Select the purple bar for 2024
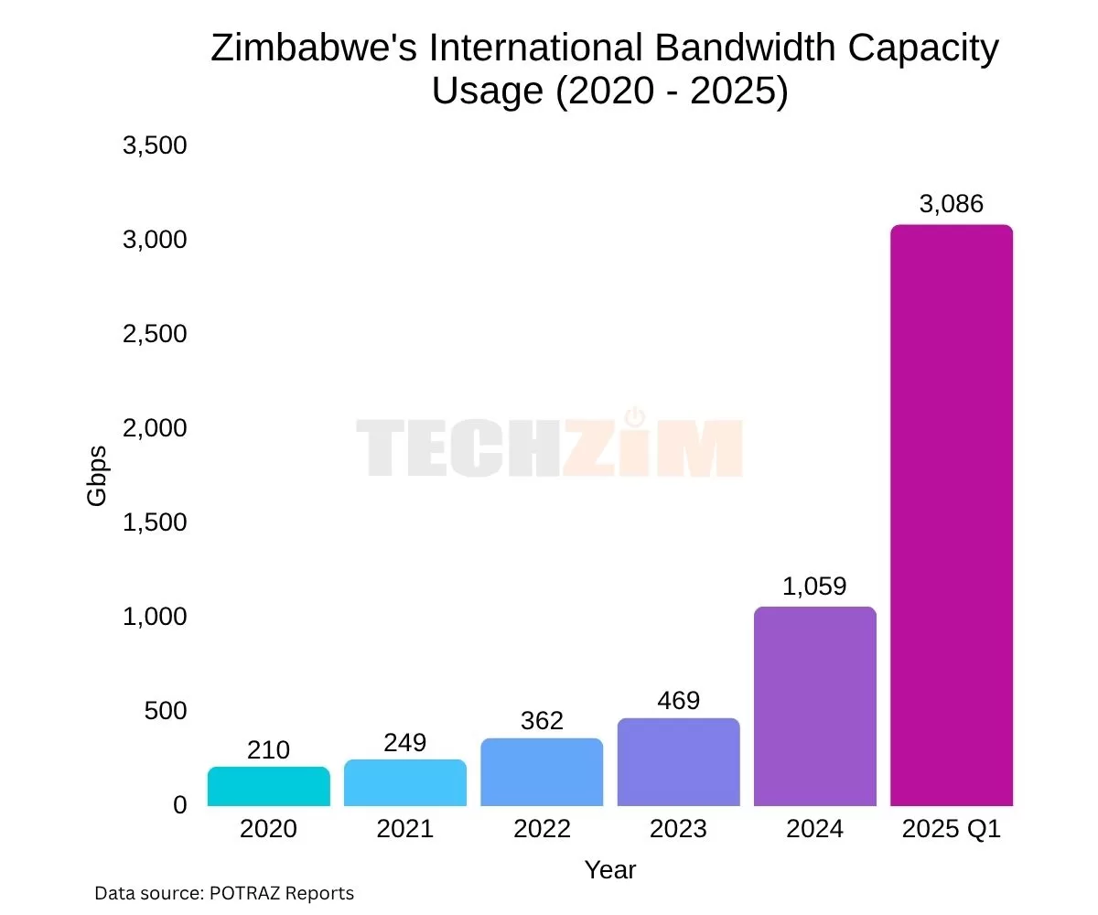click(x=815, y=706)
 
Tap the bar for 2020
click(x=268, y=787)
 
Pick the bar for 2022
click(x=542, y=772)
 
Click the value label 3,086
click(x=952, y=204)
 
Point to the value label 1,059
click(x=815, y=586)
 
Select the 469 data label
click(x=678, y=700)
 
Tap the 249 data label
click(x=404, y=742)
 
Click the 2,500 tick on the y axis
click(x=155, y=334)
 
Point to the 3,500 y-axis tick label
click(x=155, y=145)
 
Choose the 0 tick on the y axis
click(x=179, y=805)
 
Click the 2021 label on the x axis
click(x=404, y=829)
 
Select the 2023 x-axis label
click(x=678, y=829)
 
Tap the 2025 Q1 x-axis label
click(x=952, y=829)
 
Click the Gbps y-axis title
click(x=97, y=475)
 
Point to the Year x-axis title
click(x=610, y=869)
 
